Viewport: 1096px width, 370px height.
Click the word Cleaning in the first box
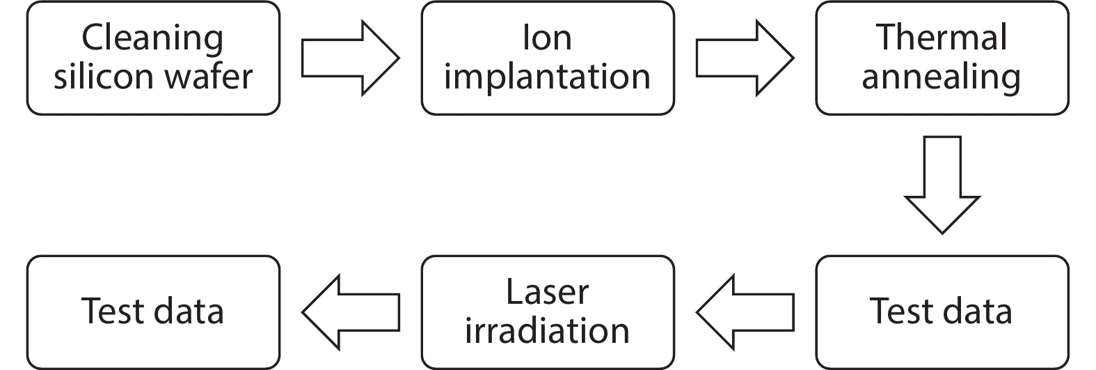[152, 38]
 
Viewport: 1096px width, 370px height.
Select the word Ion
[547, 38]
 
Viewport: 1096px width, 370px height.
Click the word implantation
[547, 77]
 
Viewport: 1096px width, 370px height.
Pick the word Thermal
[942, 38]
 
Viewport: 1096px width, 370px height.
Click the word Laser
[547, 292]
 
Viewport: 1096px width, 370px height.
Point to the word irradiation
[547, 331]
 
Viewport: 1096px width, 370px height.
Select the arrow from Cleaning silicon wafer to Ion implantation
[350, 58]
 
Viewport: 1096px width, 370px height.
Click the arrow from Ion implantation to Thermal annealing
[745, 58]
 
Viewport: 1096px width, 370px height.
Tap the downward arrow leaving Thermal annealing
[942, 185]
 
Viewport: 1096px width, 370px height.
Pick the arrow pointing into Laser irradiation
[745, 311]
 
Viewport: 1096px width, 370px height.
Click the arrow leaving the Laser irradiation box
[350, 311]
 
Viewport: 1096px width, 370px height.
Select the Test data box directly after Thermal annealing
[942, 311]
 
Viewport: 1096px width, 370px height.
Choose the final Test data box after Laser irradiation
[153, 311]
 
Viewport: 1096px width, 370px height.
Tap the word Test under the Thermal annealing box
[900, 311]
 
